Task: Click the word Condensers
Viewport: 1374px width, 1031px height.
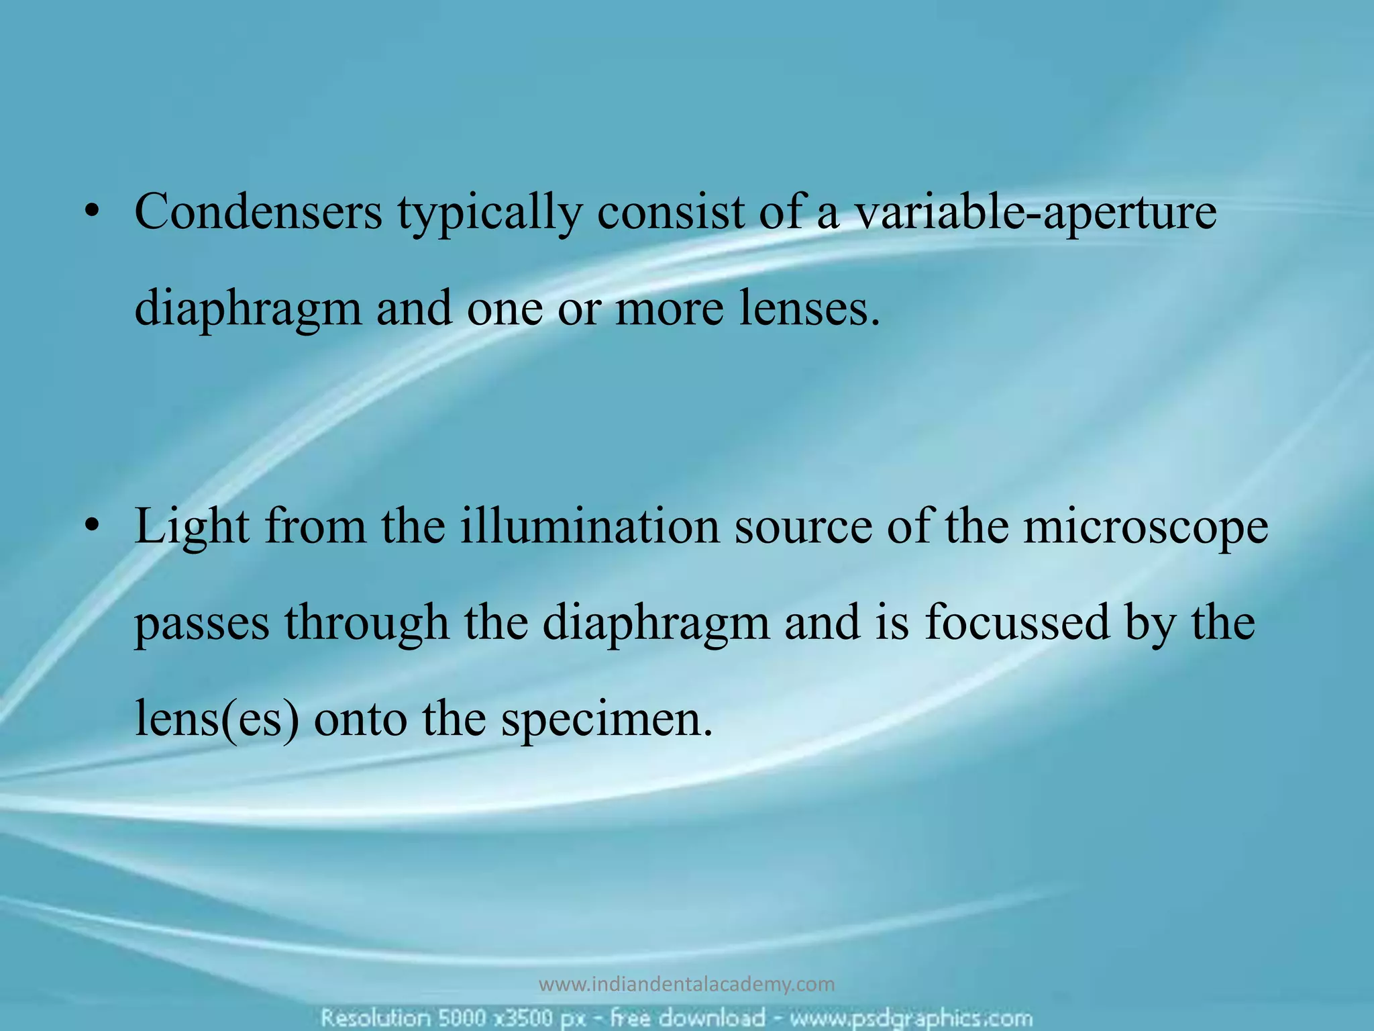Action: click(x=258, y=212)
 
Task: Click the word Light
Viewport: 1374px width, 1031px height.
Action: click(x=192, y=526)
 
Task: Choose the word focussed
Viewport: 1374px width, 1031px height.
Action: click(x=1017, y=622)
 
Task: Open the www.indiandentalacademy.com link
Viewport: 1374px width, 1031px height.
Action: click(x=687, y=985)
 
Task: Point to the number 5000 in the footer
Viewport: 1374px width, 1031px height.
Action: click(x=462, y=1018)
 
